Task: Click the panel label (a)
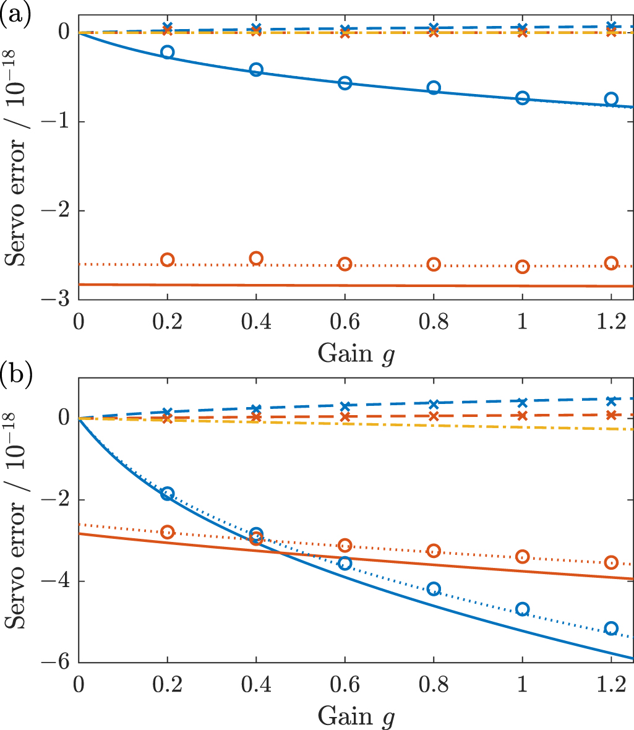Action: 14,12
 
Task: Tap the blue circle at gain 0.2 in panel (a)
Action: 167,52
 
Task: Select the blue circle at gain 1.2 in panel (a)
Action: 611,99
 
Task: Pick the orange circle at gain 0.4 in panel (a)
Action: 256,258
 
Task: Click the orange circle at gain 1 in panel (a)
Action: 523,267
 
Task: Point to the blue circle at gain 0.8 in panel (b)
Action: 434,589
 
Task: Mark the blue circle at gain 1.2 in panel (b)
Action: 611,629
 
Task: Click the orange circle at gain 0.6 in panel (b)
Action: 345,545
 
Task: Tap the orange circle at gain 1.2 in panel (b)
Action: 611,562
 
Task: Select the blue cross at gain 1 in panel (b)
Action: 523,403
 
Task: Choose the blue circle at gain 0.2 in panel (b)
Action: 167,494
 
